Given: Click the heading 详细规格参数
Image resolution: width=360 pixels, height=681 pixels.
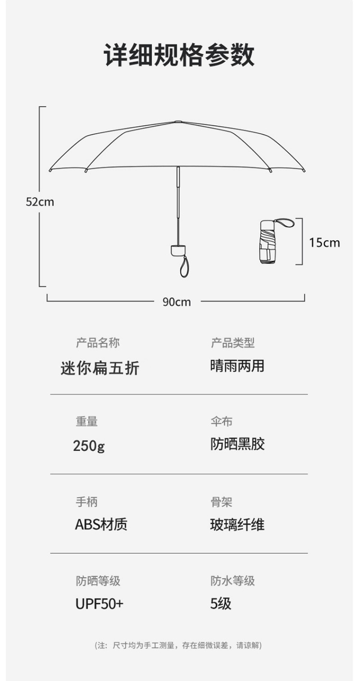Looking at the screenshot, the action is point(180,55).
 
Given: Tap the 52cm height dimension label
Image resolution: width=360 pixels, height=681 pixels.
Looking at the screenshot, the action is point(40,202).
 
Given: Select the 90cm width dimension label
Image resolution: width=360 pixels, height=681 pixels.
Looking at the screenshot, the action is point(176,302).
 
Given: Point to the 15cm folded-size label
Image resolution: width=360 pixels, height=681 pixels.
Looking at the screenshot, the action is point(324,242).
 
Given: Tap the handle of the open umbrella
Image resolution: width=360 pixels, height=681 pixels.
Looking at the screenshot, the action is point(178,250).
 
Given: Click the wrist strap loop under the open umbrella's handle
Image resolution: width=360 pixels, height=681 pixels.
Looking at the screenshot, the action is point(184,267).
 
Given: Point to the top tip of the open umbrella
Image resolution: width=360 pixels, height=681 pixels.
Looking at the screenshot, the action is point(178,122).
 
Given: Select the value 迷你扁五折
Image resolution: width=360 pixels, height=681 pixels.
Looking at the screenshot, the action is point(100,368).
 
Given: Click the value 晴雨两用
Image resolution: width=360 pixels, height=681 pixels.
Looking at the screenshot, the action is point(237,366).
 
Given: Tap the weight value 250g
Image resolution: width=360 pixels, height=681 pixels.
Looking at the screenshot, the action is point(89,446).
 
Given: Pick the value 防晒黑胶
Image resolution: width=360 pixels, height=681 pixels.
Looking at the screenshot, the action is point(237,444).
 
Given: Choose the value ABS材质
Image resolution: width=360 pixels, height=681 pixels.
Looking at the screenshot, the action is point(101,524).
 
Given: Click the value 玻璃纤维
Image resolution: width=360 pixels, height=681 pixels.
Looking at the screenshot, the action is point(237,524).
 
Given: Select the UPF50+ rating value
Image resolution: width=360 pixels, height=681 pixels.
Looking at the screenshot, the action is point(99,604).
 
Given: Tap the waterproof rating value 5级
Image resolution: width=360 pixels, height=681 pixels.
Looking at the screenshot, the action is point(221,604).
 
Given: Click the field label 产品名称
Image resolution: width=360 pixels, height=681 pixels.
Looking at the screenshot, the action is point(97,342).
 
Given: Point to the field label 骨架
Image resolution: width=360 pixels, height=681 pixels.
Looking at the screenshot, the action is point(221,502).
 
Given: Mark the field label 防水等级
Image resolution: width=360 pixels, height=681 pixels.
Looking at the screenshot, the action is point(232,581).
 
